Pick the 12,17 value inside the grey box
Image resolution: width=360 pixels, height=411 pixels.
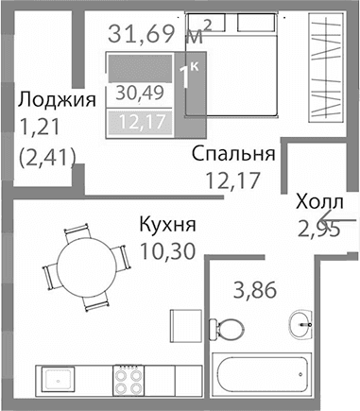pyautogui.click(x=138, y=121)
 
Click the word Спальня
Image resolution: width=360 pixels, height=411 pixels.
pyautogui.click(x=232, y=154)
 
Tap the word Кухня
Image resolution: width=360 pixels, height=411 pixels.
pyautogui.click(x=166, y=226)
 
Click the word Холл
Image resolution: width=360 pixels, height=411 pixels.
pyautogui.click(x=320, y=203)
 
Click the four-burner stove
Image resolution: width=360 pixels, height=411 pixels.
pyautogui.click(x=129, y=380)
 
